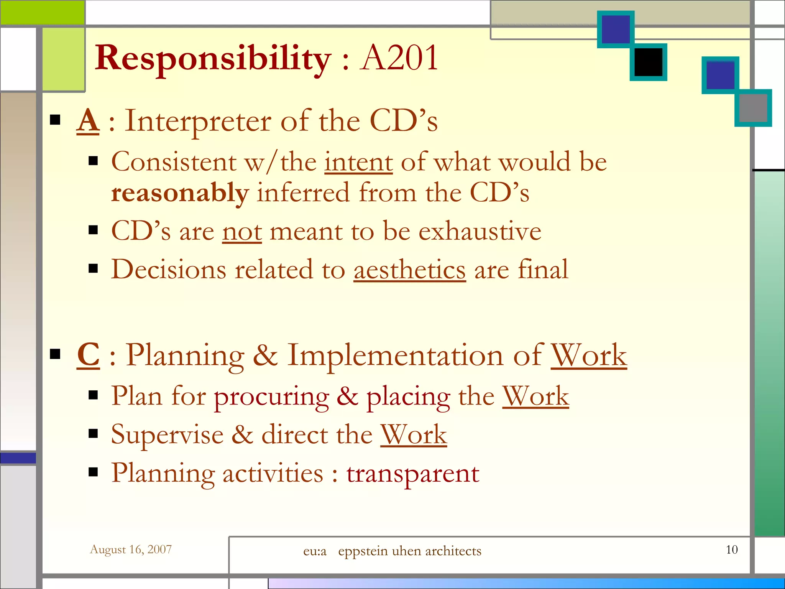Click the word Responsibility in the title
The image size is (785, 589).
213,58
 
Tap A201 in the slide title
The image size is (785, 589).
399,58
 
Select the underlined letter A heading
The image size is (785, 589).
88,121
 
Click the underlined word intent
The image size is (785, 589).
358,162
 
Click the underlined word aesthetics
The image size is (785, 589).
409,270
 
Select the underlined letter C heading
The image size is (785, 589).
88,355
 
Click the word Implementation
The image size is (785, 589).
395,356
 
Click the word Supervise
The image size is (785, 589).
167,435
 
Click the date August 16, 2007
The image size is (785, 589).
131,550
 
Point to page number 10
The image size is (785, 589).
731,550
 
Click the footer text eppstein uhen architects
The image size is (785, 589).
409,551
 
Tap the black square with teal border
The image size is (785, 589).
648,62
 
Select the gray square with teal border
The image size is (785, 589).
753,108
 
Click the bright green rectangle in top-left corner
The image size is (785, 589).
42,12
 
